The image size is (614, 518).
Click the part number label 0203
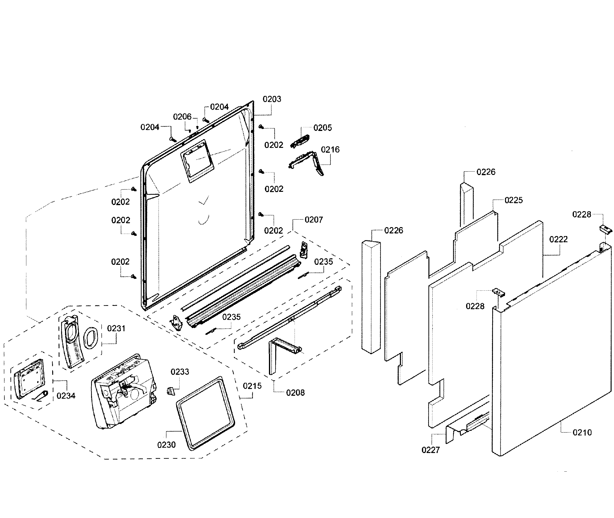[x=272, y=99]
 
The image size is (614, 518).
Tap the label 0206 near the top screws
[x=182, y=117]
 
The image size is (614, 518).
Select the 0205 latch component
[x=300, y=141]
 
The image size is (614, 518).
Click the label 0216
[x=330, y=150]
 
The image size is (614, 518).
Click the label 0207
[x=314, y=220]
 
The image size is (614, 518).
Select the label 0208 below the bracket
[x=295, y=393]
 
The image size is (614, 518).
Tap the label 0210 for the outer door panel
[x=582, y=432]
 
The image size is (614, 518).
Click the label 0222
[x=558, y=239]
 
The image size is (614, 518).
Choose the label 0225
[x=513, y=200]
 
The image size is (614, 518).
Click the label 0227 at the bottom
[x=430, y=450]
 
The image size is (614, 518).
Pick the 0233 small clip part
[x=170, y=391]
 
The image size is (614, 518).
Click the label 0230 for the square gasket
[x=166, y=445]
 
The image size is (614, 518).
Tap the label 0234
[x=66, y=396]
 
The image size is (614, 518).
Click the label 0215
[x=252, y=386]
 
